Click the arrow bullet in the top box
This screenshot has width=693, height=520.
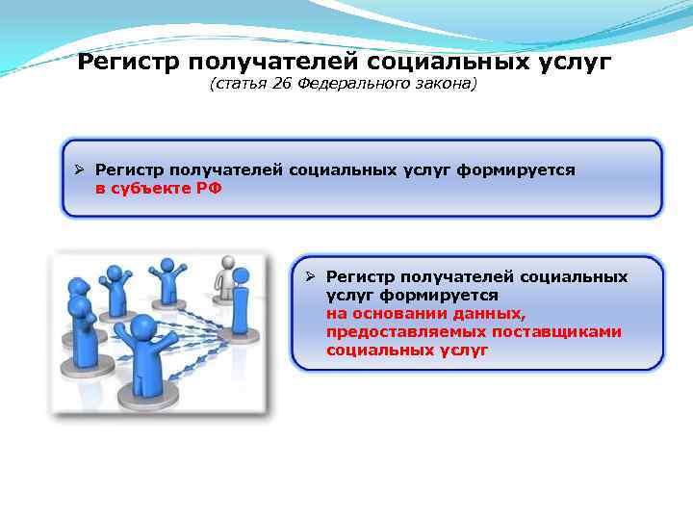tap(82, 169)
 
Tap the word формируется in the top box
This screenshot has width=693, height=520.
tap(516, 169)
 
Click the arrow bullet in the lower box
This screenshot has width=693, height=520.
tap(312, 276)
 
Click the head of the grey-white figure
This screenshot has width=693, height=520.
tap(227, 261)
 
